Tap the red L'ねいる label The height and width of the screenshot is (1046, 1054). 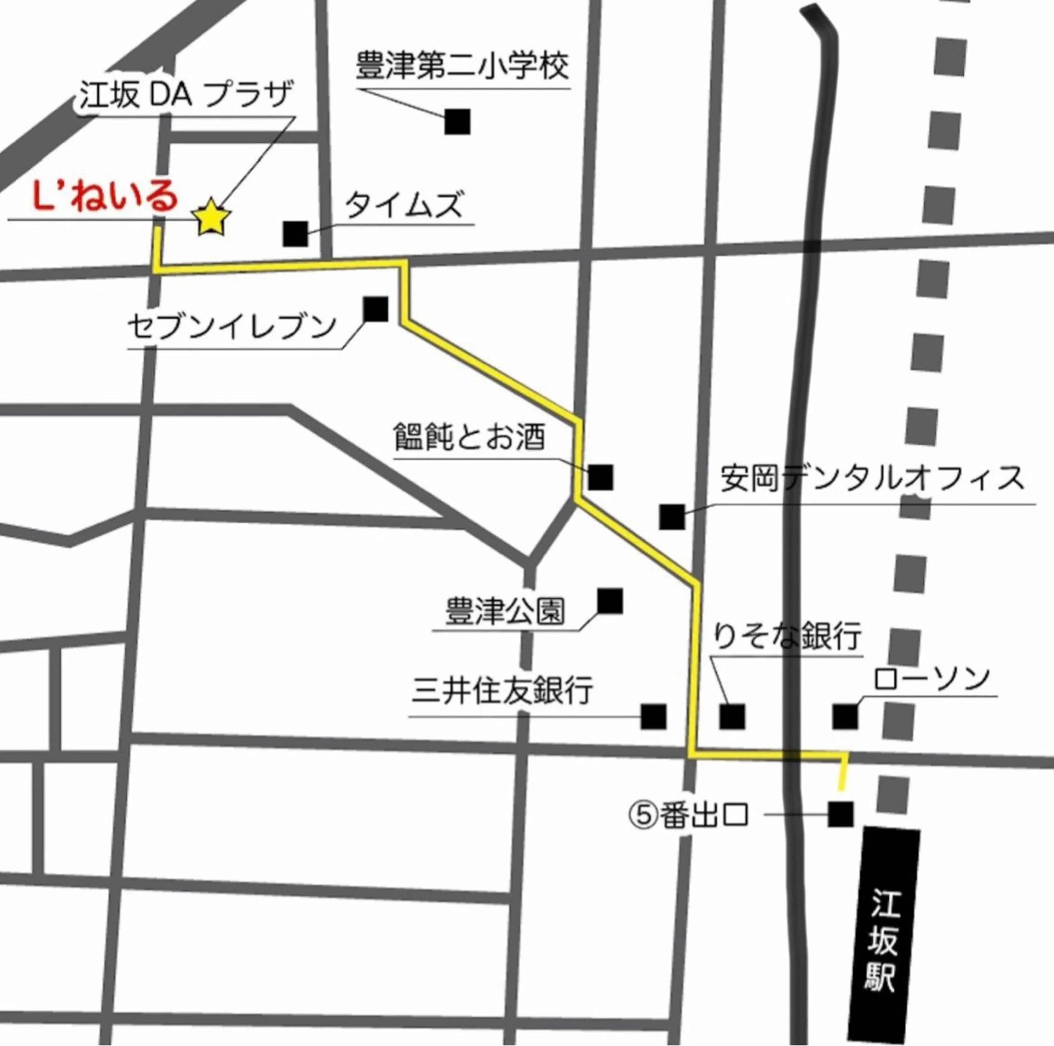click(105, 198)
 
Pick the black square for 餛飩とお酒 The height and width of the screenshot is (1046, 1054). click(601, 477)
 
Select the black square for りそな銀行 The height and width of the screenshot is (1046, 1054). click(732, 716)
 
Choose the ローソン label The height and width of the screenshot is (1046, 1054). click(931, 679)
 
